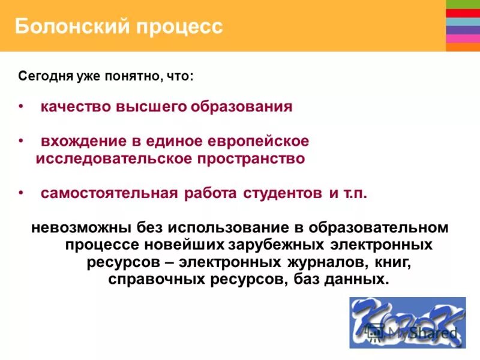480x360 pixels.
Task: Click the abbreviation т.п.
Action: point(355,193)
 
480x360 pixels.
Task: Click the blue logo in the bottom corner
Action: point(407,322)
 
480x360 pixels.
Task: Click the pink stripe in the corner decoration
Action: point(463,38)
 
